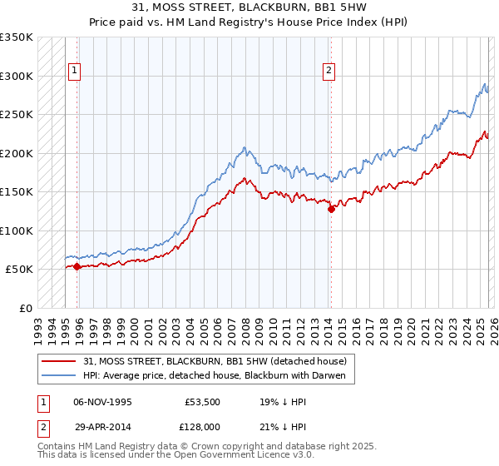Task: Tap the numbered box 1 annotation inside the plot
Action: [x=75, y=72]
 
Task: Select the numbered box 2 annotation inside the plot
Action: [x=329, y=72]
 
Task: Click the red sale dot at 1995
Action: [x=77, y=266]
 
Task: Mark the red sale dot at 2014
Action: [x=331, y=210]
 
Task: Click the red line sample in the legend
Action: [x=59, y=361]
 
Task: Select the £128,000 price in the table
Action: [x=205, y=427]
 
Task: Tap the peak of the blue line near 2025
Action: [x=484, y=83]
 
